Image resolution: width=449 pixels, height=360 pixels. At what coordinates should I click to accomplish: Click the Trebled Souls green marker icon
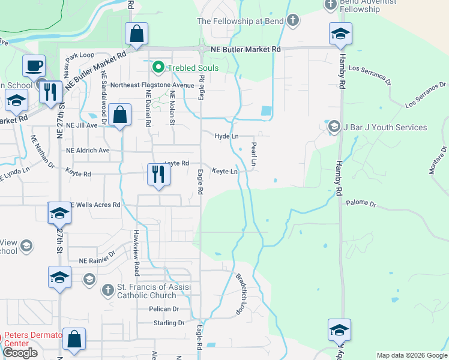[158, 68]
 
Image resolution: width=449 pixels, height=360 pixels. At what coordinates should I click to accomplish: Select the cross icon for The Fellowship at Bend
[292, 21]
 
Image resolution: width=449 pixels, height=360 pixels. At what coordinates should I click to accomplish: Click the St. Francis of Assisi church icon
[107, 290]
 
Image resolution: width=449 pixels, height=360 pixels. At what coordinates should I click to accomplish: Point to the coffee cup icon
[34, 65]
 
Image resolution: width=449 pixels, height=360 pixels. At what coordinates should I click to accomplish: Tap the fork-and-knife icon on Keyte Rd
[158, 175]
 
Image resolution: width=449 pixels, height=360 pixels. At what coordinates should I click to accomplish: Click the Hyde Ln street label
[227, 137]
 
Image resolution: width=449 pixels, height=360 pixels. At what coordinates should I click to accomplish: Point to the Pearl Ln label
[254, 154]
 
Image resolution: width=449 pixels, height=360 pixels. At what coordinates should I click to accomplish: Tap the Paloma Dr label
[361, 204]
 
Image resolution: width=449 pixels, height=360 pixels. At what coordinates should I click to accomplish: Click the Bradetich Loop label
[241, 295]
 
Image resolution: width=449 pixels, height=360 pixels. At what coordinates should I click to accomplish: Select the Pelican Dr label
[164, 309]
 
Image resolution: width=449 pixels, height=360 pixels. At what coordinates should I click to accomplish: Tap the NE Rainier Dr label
[96, 259]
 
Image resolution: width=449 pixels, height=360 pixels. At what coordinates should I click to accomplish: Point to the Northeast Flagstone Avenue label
[152, 85]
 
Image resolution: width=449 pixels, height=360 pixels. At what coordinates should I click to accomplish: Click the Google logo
[20, 353]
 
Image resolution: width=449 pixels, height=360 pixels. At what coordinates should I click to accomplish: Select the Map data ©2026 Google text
[411, 355]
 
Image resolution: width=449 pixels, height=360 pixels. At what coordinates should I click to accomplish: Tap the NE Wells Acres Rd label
[95, 205]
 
